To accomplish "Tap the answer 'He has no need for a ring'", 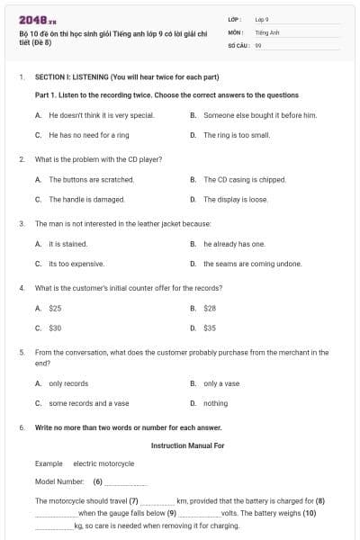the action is [x=89, y=135].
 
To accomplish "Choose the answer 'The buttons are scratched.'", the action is [x=91, y=179].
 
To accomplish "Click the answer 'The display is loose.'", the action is [x=235, y=199].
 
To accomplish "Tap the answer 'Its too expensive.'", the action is [x=76, y=264].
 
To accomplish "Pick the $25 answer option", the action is [x=55, y=308].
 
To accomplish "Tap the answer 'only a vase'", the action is [x=220, y=383].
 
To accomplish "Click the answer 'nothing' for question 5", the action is [x=215, y=403].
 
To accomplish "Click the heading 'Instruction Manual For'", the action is [x=187, y=445].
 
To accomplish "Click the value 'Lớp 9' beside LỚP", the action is [x=262, y=19].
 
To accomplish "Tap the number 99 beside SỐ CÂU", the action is [x=258, y=43].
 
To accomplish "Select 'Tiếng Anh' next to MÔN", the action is [x=265, y=31].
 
